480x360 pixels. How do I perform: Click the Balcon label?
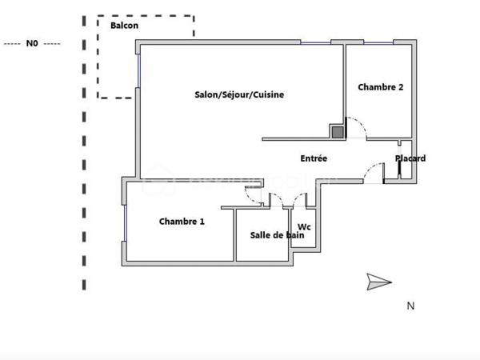pos(124,26)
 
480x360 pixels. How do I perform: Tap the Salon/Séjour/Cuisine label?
pos(239,94)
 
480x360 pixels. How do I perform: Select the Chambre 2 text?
pos(380,87)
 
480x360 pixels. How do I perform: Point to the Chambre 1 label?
pos(182,222)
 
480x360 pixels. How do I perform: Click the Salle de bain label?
pos(272,234)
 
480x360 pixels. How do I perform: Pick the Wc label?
pos(304,227)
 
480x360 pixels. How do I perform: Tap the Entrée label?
pos(314,158)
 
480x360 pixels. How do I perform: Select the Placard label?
pos(410,158)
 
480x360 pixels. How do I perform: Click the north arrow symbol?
pos(378,281)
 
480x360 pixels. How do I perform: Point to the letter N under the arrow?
pos(410,305)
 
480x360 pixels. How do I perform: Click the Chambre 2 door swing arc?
pos(358,128)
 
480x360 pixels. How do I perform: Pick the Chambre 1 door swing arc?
pos(254,192)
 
